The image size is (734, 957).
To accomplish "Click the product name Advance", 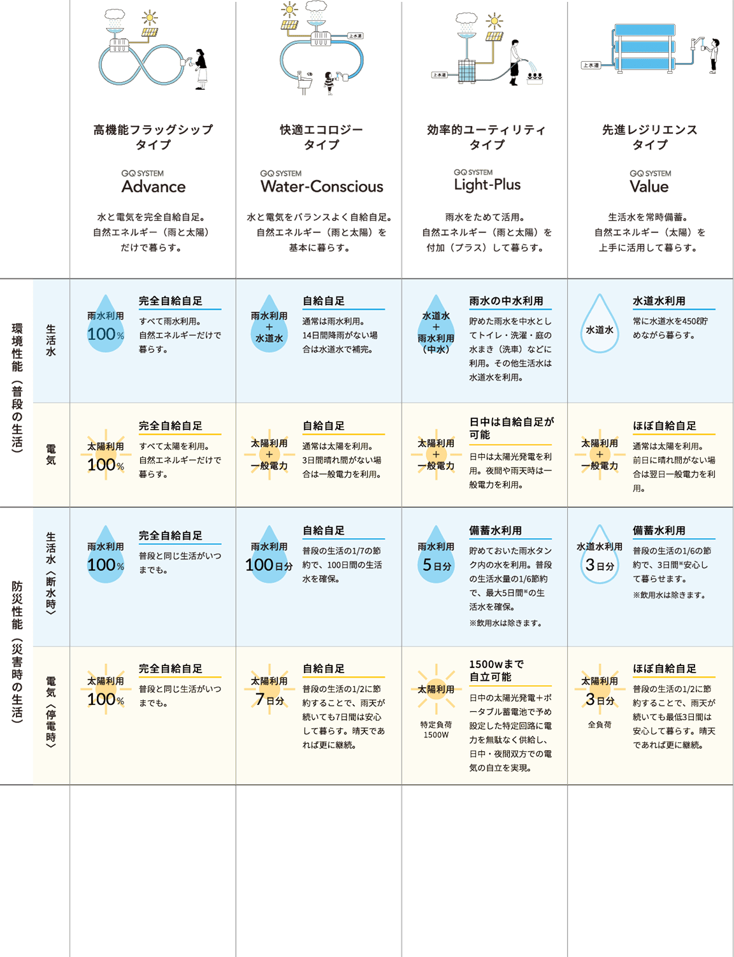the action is click(154, 187).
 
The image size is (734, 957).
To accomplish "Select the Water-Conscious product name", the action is click(322, 187).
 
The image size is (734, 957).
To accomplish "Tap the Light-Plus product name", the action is click(487, 185).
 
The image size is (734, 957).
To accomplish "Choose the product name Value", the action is click(649, 187).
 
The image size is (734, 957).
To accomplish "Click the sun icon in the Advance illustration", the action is click(150, 18).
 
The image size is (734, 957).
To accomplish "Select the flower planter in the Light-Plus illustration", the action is click(535, 78).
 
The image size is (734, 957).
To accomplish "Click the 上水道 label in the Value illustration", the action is click(591, 65).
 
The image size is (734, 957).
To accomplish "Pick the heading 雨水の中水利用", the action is click(506, 301).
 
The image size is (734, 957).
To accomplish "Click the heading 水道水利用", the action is click(659, 301).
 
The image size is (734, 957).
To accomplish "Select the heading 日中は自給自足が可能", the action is click(511, 428).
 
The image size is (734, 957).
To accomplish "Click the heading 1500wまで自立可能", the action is click(496, 670).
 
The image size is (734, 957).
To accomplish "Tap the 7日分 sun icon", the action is click(269, 689).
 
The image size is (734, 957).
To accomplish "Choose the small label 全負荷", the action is click(599, 725).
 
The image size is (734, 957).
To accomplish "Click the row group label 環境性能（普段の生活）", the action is click(17, 388).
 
